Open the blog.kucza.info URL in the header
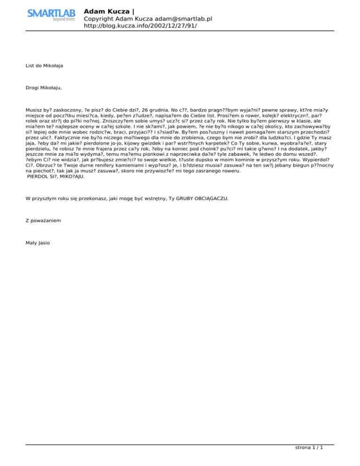(x=140, y=26)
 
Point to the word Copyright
(x=99, y=19)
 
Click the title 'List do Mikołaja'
(x=45, y=66)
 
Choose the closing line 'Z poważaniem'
(x=43, y=220)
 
